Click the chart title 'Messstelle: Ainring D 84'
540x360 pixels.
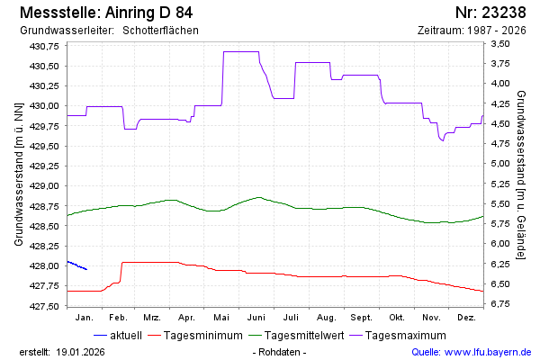click(x=104, y=13)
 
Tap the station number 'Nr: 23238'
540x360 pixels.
click(x=491, y=13)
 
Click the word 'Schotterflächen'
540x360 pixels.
click(x=160, y=31)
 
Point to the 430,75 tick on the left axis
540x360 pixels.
click(x=44, y=46)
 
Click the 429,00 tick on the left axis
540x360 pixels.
click(x=44, y=186)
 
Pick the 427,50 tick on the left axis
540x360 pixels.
click(x=44, y=307)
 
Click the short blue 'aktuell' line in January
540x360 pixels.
click(x=77, y=265)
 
